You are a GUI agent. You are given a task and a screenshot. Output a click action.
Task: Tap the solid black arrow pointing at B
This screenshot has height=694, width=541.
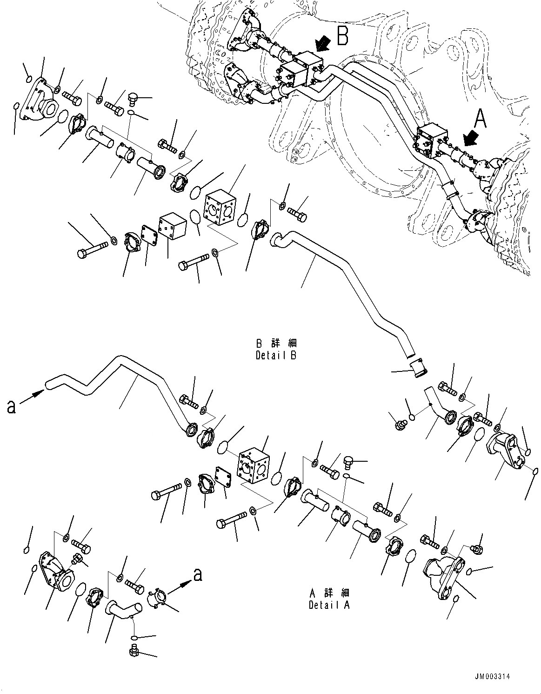point(322,45)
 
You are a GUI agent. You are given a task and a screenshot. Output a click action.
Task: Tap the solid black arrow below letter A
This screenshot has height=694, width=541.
point(470,138)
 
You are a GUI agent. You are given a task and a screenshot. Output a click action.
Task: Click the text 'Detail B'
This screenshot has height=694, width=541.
point(276,355)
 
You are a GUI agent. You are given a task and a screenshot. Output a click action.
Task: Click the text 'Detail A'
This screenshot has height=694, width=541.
point(329,605)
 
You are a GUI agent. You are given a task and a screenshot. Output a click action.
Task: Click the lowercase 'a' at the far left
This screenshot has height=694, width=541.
point(11,406)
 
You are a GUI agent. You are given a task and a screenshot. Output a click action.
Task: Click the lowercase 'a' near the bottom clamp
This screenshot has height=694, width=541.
point(198,575)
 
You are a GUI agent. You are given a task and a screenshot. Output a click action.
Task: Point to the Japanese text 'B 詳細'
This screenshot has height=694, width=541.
point(276,344)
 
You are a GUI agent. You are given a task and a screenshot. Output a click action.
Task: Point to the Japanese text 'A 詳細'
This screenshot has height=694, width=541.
point(329,593)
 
